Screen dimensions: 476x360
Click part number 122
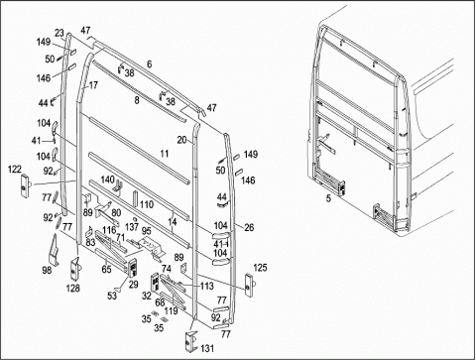(15, 170)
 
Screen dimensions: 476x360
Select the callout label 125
(260, 268)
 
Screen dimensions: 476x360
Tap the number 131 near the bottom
(207, 348)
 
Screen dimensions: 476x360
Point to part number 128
(72, 289)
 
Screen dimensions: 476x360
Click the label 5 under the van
(328, 198)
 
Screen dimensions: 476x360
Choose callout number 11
(165, 154)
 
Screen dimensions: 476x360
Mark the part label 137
(132, 227)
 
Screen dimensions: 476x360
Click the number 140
(107, 180)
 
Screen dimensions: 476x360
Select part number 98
(47, 270)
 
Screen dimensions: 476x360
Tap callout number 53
(112, 296)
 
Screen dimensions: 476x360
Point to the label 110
(147, 204)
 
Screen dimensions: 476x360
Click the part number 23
(59, 33)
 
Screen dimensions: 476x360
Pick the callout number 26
(249, 227)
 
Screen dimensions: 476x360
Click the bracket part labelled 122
(25, 185)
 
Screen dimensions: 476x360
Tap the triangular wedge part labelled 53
(120, 289)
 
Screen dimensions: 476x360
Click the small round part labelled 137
(134, 218)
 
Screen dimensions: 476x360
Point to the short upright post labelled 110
(135, 198)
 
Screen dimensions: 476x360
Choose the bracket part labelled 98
(55, 250)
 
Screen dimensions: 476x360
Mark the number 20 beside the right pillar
(181, 140)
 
